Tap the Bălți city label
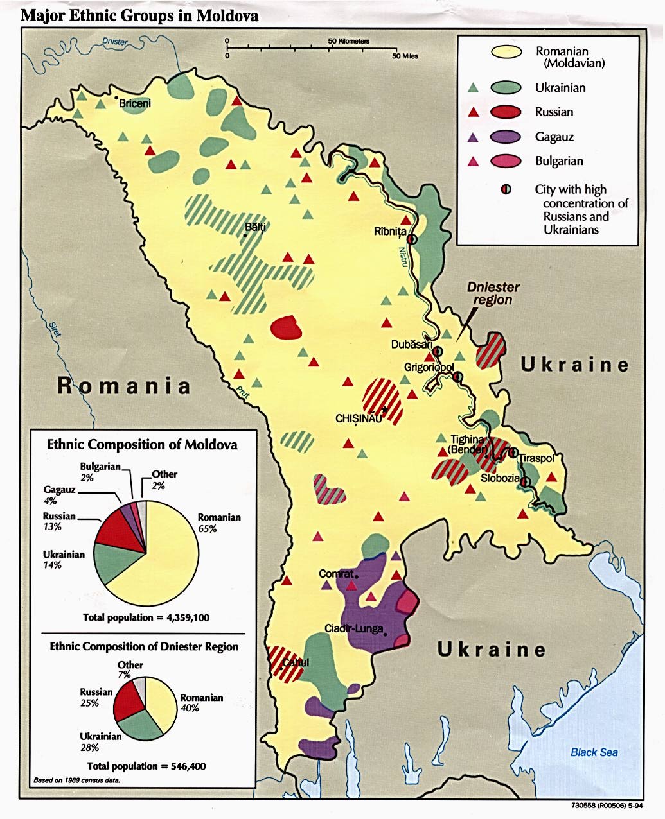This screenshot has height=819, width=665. (x=255, y=227)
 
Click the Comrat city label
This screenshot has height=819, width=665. (x=336, y=573)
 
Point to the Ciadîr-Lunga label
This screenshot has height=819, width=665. (x=353, y=628)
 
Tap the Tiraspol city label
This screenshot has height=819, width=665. (x=536, y=458)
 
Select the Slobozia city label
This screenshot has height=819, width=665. (x=501, y=478)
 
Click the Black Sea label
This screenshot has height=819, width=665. (x=594, y=752)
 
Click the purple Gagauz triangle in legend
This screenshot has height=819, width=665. (x=473, y=137)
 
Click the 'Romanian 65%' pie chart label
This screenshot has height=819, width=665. (x=219, y=522)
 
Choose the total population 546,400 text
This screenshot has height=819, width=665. (x=146, y=766)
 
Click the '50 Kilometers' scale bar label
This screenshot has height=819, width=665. (x=349, y=41)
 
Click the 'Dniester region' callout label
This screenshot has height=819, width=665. (x=493, y=293)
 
